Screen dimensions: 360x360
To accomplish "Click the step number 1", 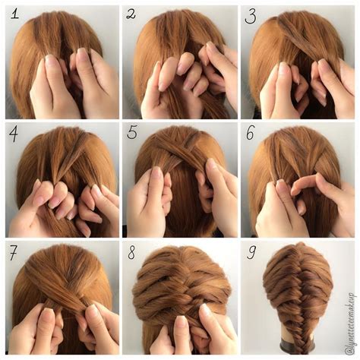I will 14,14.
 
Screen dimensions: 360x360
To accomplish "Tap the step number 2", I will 131,14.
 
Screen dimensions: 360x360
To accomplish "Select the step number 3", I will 251,15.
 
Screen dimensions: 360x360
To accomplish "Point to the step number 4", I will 14,134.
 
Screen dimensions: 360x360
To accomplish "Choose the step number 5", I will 132,134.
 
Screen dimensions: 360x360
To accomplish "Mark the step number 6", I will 251,134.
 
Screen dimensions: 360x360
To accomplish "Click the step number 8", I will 131,252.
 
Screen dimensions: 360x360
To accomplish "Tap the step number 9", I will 251,252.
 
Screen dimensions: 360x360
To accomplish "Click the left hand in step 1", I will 49,87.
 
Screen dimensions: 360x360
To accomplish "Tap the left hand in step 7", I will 38,327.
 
